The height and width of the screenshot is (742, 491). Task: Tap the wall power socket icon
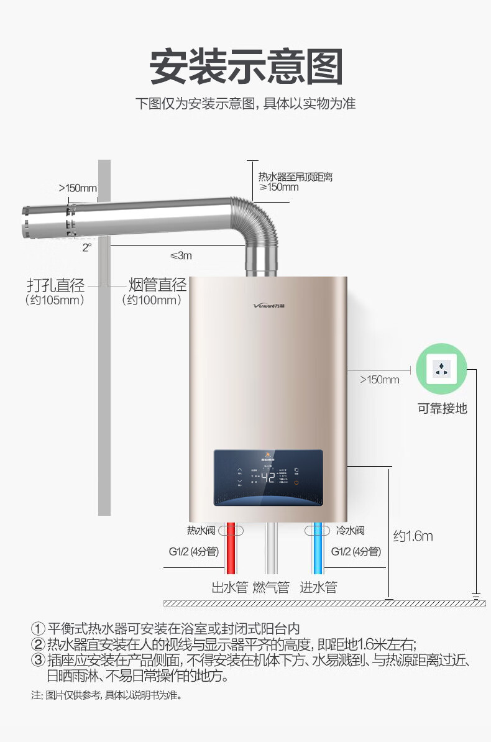coord(441,369)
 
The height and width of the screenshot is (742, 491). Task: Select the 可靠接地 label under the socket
coord(442,408)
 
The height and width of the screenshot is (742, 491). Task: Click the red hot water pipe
coord(231,550)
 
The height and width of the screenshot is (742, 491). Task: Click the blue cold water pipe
coord(319,550)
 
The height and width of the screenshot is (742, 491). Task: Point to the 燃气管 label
coord(271,587)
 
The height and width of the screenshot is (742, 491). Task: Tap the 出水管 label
coord(230,587)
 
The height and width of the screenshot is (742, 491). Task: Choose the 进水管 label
coord(318,587)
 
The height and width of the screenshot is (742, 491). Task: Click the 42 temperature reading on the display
coord(268,477)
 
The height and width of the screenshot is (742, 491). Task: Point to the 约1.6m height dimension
coord(413,536)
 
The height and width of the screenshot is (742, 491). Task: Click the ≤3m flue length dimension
coord(181,255)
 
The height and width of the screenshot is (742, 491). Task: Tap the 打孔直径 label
coord(55,285)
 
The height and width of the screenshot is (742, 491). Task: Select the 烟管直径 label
coord(157,285)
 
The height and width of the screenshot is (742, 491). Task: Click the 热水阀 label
coord(201,531)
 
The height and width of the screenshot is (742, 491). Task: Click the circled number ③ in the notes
coord(39,660)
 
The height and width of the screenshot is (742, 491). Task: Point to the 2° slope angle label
coord(86,247)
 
